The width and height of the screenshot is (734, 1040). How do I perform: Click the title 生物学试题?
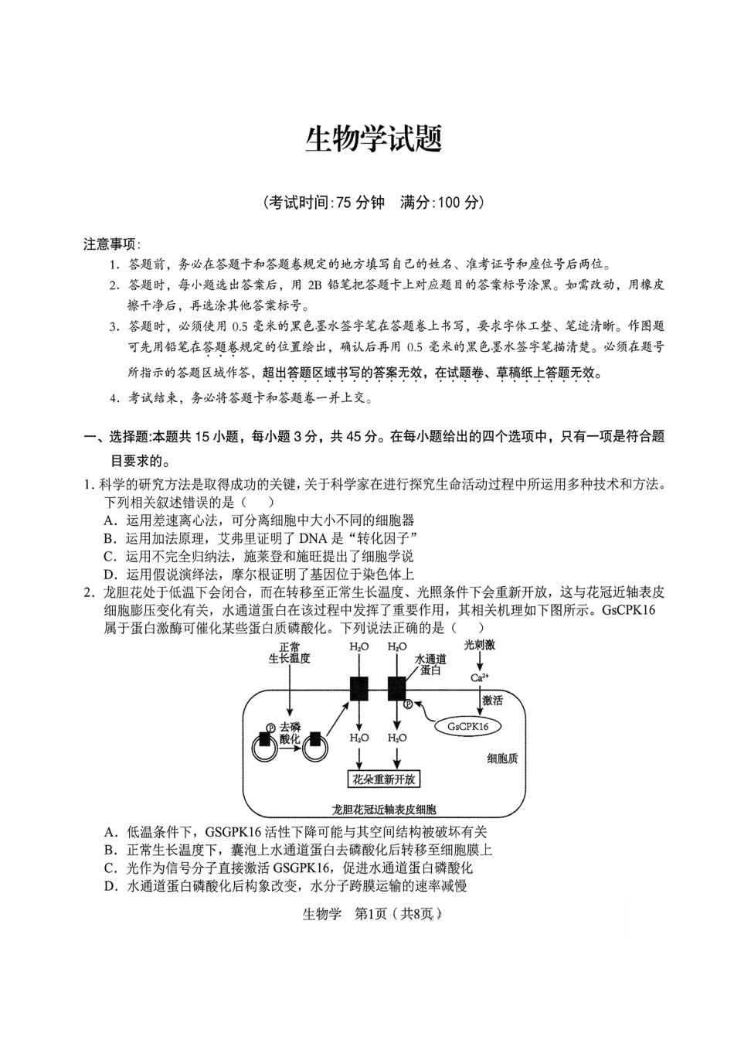point(374,140)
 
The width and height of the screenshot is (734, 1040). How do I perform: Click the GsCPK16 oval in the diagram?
point(468,726)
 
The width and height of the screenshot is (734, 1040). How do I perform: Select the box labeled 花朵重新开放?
point(385,779)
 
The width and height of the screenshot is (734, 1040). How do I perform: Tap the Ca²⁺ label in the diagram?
point(480,677)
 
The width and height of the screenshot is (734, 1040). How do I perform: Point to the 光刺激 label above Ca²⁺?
point(479,644)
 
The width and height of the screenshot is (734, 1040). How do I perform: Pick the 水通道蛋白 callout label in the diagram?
point(430,664)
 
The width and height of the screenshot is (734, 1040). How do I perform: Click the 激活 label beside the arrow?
point(492,701)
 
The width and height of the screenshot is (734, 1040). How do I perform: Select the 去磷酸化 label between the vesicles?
point(290,733)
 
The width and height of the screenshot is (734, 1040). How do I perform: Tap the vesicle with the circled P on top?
point(266,743)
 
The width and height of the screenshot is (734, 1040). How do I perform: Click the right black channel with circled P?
point(397,687)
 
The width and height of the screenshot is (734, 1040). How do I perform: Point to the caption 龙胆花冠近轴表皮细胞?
point(384,809)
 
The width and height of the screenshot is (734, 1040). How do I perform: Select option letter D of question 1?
point(110,574)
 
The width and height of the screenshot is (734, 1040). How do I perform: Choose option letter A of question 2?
point(110,832)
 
